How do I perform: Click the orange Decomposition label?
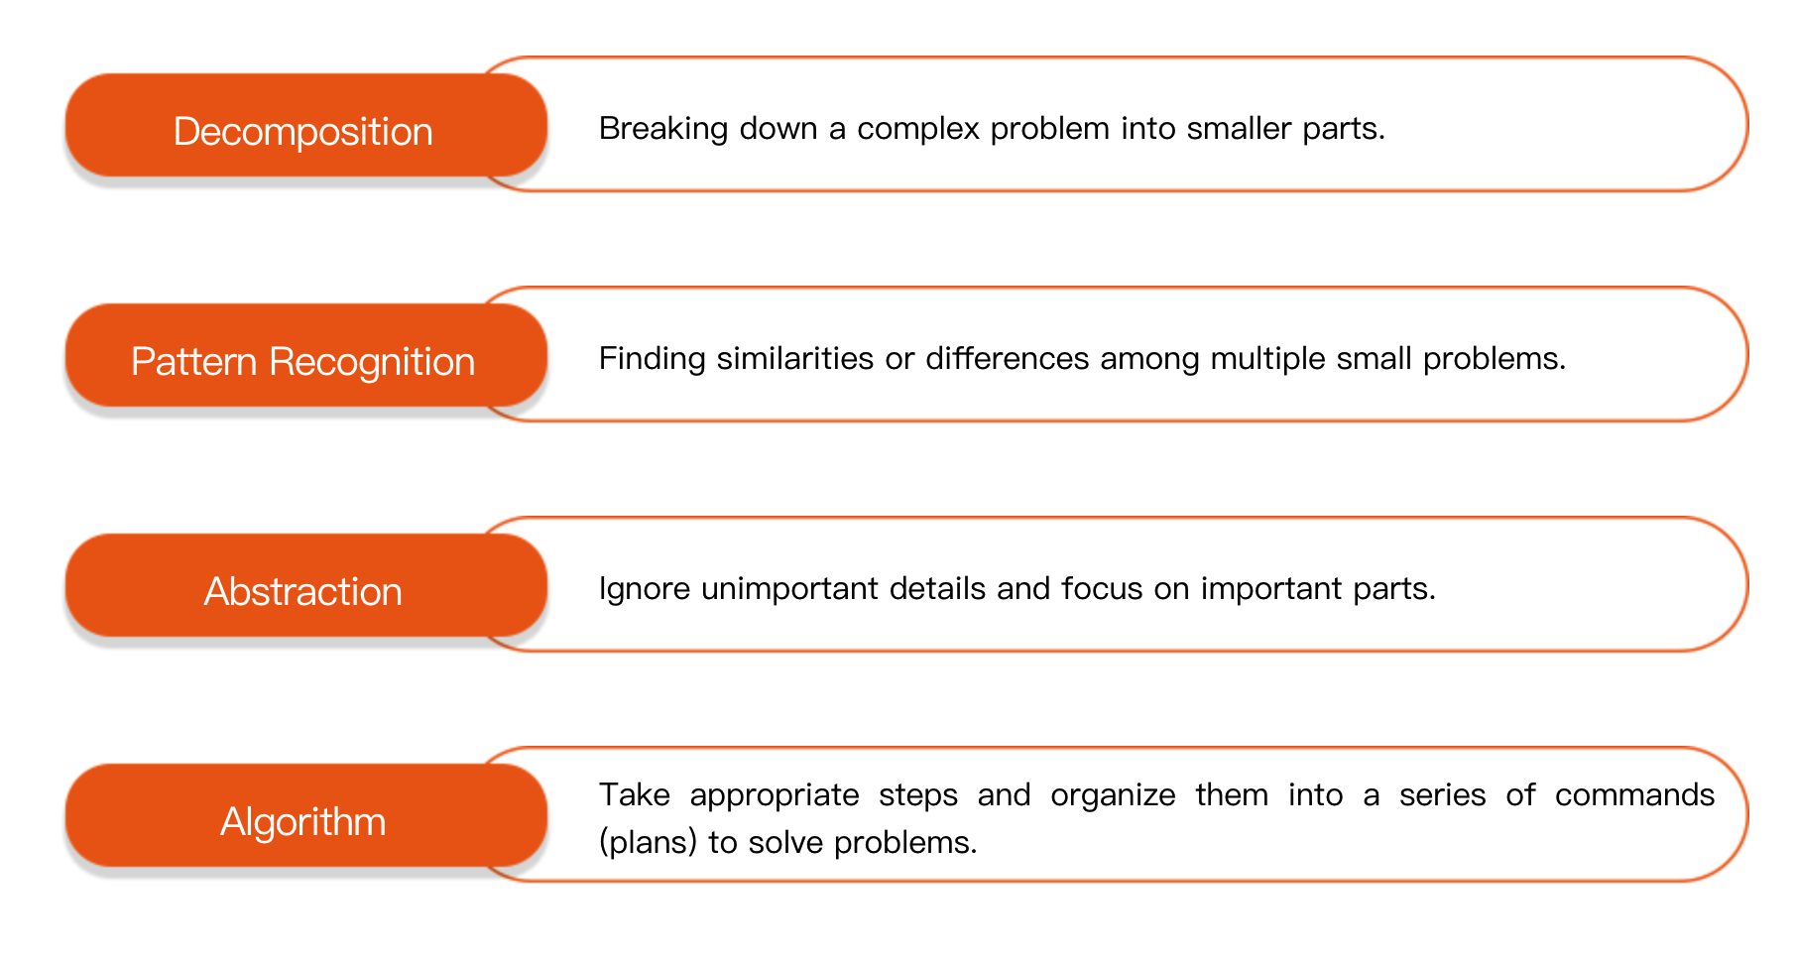point(305,125)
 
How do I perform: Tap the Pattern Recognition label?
point(305,355)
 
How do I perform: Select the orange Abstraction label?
point(305,585)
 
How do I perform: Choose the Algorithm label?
point(305,815)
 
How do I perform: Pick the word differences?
point(1007,358)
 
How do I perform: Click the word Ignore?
point(645,589)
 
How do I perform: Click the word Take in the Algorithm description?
point(635,794)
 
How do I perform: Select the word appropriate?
point(775,795)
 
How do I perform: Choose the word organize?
point(1113,795)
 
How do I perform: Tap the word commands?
point(1634,794)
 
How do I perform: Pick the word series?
point(1442,794)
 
